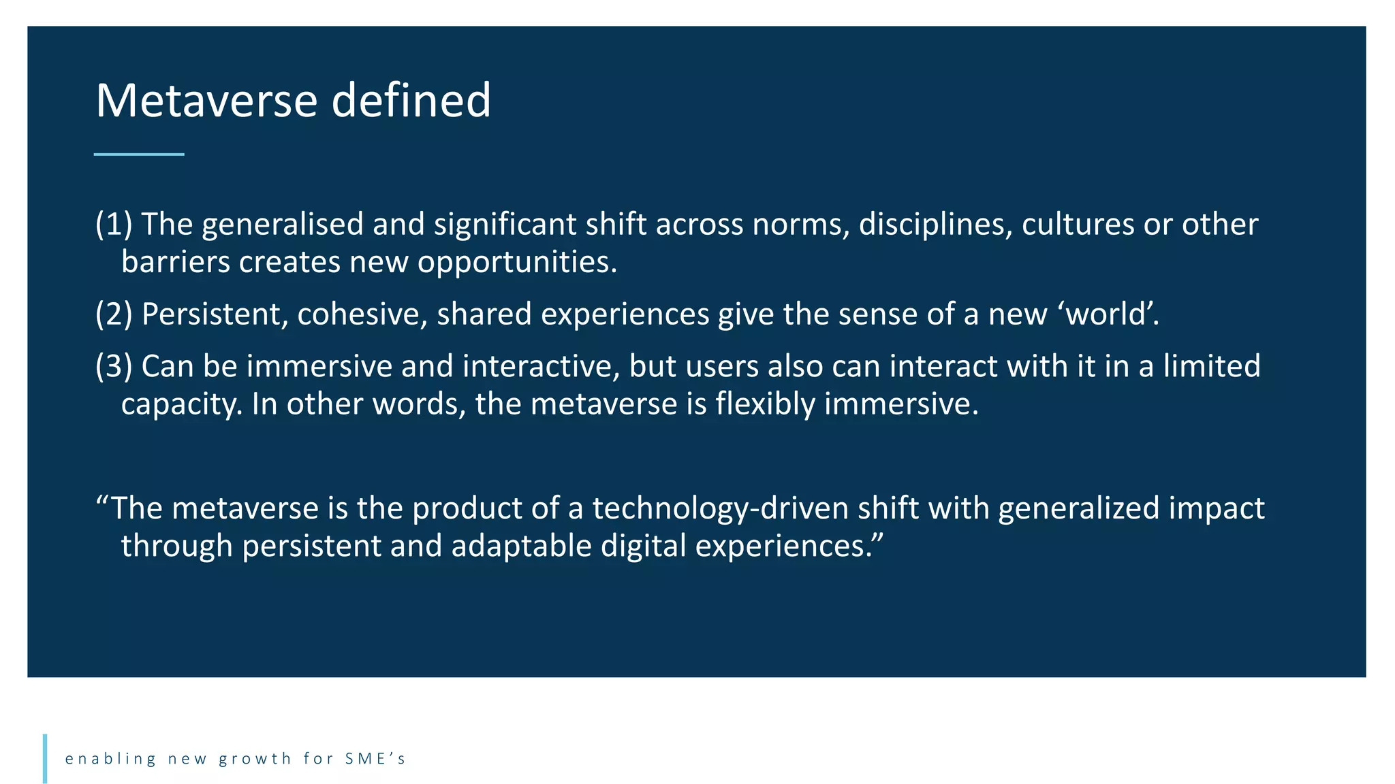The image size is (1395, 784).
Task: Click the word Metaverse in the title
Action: (x=206, y=101)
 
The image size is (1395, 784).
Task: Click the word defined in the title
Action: (x=411, y=101)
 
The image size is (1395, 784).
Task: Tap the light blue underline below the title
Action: (x=139, y=154)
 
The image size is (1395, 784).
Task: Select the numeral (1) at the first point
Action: (x=114, y=224)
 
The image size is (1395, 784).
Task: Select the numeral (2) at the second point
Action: (x=114, y=314)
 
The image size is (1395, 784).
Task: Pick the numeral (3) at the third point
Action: (x=114, y=366)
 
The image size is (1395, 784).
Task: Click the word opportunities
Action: (x=517, y=263)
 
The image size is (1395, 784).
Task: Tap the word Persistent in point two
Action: (x=215, y=314)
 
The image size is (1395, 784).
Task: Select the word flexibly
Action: (x=765, y=405)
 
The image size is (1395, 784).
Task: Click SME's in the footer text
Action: (x=375, y=758)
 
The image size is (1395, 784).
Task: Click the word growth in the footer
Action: (x=255, y=759)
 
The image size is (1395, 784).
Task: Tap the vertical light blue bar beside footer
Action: (x=45, y=758)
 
